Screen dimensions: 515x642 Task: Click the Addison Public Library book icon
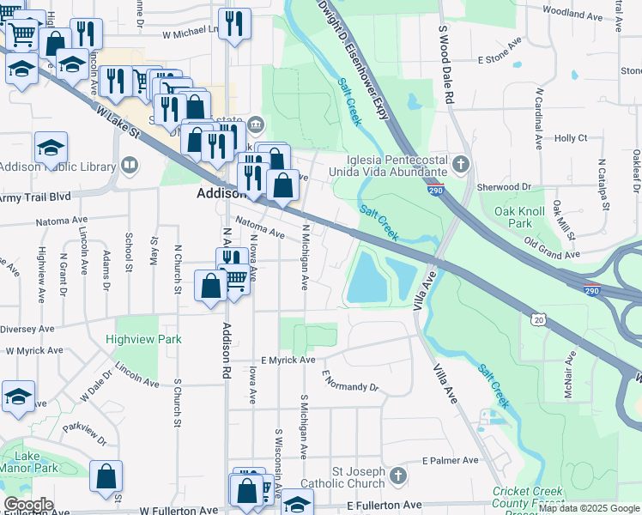pyautogui.click(x=130, y=163)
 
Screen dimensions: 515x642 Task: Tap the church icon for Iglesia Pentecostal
pyautogui.click(x=462, y=163)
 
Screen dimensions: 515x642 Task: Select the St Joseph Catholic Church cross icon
pyautogui.click(x=397, y=475)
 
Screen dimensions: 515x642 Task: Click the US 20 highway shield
pyautogui.click(x=538, y=319)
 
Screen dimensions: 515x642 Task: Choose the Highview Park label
pyautogui.click(x=143, y=339)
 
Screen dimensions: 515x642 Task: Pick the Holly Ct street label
pyautogui.click(x=571, y=137)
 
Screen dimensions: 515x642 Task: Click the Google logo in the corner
pyautogui.click(x=28, y=505)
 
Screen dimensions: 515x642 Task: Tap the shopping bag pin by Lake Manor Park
pyautogui.click(x=106, y=477)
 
